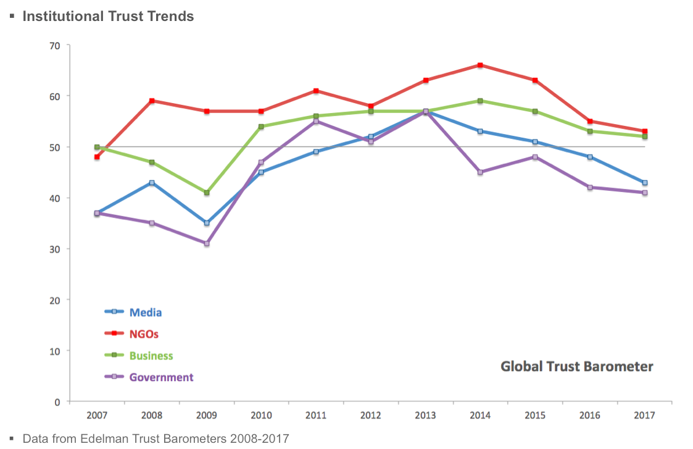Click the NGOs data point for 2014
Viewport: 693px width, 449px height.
click(x=480, y=65)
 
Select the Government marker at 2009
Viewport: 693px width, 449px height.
click(x=207, y=243)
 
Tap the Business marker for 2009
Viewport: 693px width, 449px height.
click(x=207, y=193)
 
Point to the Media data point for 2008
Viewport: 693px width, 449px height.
click(x=152, y=183)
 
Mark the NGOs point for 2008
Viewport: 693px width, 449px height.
click(x=152, y=101)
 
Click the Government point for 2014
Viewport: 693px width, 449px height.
click(x=480, y=172)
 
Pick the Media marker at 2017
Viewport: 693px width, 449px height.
click(x=645, y=183)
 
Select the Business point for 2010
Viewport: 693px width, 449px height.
click(x=261, y=127)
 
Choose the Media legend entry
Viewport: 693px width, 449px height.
click(x=145, y=313)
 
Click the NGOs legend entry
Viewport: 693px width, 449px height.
click(x=144, y=334)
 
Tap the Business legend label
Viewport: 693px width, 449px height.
click(x=151, y=356)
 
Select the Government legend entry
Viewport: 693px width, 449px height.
click(x=160, y=377)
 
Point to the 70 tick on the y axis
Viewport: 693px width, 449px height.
click(x=55, y=46)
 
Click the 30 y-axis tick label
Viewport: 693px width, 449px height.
click(x=55, y=249)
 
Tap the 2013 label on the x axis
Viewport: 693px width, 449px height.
click(x=425, y=416)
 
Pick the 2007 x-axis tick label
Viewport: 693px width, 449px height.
click(x=97, y=416)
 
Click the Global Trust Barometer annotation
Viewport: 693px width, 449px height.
click(x=576, y=367)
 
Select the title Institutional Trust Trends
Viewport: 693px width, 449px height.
click(x=108, y=16)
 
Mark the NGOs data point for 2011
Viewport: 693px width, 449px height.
click(x=316, y=91)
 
